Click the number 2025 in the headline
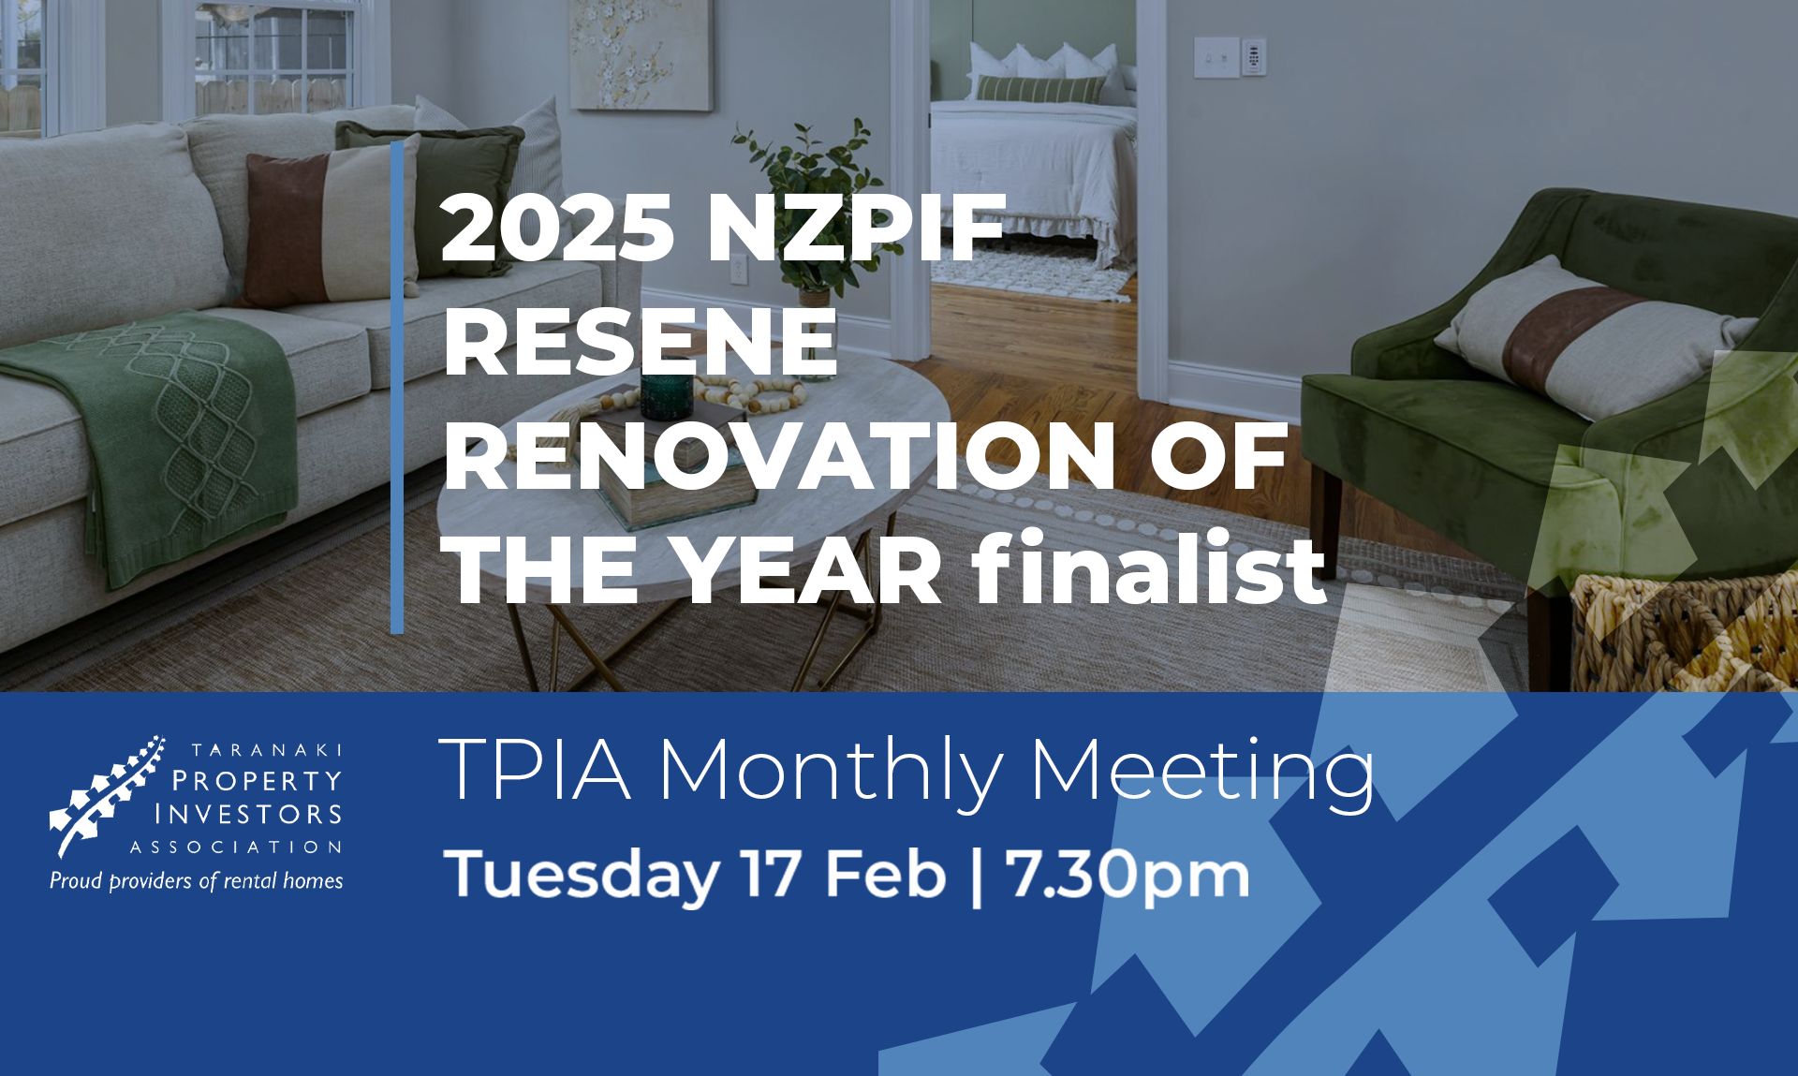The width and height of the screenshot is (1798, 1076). tap(557, 227)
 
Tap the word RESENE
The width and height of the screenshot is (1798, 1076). tap(641, 343)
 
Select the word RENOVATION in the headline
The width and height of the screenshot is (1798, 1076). tap(779, 456)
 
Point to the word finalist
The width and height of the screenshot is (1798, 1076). tap(1148, 567)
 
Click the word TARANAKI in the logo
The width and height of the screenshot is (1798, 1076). tap(267, 750)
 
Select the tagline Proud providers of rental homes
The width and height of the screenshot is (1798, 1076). tap(197, 880)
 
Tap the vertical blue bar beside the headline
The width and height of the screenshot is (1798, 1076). tap(397, 388)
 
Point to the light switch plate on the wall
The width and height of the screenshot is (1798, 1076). tap(1216, 58)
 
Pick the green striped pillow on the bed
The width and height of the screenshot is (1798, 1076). tap(1039, 89)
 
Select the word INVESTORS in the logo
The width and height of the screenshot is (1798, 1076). tap(248, 814)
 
